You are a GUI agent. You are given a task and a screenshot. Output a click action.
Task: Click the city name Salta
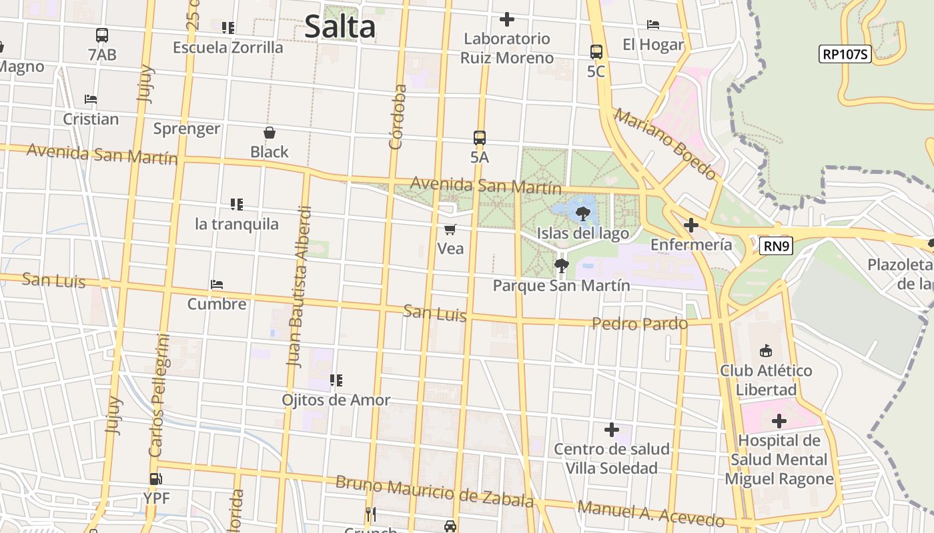[x=340, y=27]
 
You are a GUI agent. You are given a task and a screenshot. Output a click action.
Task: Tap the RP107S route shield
[x=845, y=54]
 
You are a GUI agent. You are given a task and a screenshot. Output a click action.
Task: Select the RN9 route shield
[x=777, y=247]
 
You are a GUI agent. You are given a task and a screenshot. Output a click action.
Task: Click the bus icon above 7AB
[x=102, y=35]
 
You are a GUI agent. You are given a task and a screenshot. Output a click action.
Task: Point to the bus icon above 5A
[x=480, y=138]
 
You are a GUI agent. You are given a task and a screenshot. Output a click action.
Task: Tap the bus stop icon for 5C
[x=596, y=51]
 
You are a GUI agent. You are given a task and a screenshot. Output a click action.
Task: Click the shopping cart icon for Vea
[x=450, y=230]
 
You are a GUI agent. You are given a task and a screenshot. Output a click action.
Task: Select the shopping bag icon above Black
[x=270, y=133]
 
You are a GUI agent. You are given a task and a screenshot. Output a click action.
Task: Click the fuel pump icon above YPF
[x=156, y=478]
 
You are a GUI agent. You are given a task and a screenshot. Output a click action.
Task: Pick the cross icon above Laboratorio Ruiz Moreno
[x=507, y=19]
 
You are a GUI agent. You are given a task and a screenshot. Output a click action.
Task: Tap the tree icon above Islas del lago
[x=582, y=214]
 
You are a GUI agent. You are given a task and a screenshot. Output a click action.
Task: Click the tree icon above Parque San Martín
[x=561, y=266]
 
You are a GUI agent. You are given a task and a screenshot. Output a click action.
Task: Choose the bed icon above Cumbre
[x=217, y=284]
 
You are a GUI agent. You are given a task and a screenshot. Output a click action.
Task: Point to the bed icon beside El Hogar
[x=653, y=25]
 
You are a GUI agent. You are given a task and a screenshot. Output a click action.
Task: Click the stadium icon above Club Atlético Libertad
[x=766, y=350]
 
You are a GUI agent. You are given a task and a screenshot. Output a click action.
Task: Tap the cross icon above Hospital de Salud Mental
[x=779, y=421]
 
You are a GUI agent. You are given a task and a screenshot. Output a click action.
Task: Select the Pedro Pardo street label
[x=640, y=324]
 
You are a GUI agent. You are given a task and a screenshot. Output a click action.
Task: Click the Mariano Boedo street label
[x=665, y=145]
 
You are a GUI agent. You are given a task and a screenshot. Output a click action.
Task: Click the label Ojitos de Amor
[x=336, y=400]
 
